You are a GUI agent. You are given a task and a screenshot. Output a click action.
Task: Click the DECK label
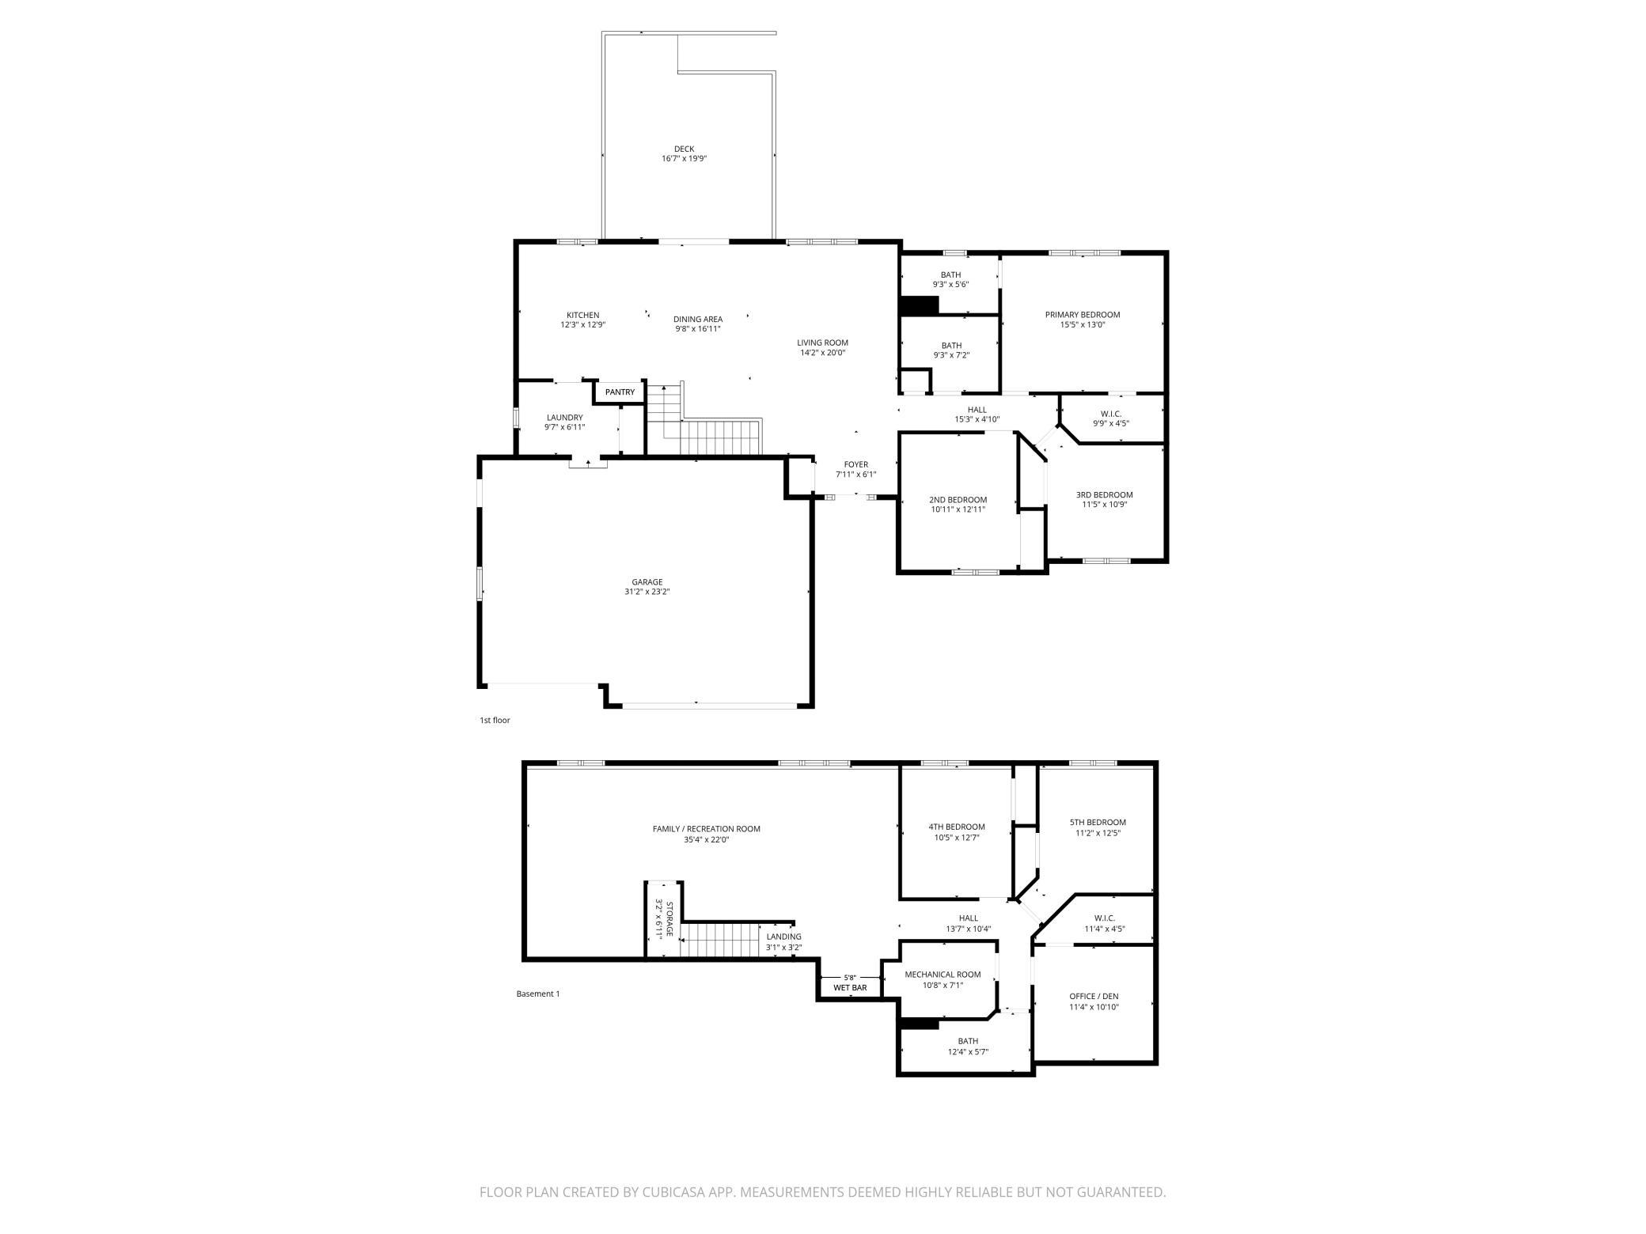pyautogui.click(x=684, y=149)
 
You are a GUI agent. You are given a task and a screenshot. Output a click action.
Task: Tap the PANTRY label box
pyautogui.click(x=620, y=392)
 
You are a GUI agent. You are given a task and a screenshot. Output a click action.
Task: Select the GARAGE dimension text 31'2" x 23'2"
pyautogui.click(x=647, y=592)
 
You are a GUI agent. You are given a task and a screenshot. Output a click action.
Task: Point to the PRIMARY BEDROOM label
pyautogui.click(x=1082, y=315)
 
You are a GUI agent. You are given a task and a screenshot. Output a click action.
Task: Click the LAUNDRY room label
pyautogui.click(x=564, y=418)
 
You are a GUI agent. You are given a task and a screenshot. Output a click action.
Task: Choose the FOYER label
pyautogui.click(x=855, y=465)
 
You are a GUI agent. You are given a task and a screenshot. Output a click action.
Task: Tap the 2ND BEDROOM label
pyautogui.click(x=958, y=500)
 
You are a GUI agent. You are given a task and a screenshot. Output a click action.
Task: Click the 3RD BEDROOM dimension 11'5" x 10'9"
pyautogui.click(x=1104, y=505)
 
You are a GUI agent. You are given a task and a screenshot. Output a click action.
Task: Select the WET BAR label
pyautogui.click(x=849, y=988)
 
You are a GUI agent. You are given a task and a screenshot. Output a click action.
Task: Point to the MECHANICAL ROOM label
pyautogui.click(x=942, y=975)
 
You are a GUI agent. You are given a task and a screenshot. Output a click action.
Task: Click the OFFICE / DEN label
pyautogui.click(x=1094, y=997)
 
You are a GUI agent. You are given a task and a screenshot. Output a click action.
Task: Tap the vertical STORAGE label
pyautogui.click(x=669, y=919)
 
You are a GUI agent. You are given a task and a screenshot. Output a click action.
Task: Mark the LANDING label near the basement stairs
pyautogui.click(x=783, y=937)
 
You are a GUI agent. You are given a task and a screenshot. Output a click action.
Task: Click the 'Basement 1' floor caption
pyautogui.click(x=537, y=994)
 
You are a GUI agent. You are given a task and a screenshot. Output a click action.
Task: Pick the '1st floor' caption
pyautogui.click(x=495, y=721)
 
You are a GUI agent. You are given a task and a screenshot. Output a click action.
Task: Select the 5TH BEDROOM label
pyautogui.click(x=1097, y=823)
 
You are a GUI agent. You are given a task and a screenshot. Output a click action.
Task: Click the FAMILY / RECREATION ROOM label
pyautogui.click(x=706, y=829)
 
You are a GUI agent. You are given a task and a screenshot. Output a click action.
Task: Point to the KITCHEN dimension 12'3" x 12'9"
pyautogui.click(x=582, y=324)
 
